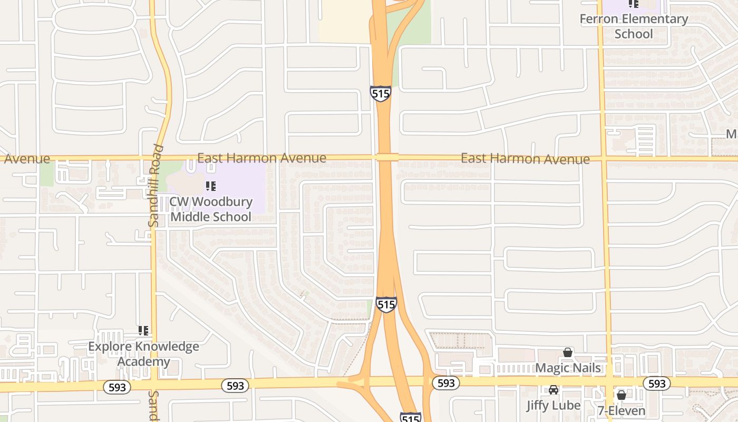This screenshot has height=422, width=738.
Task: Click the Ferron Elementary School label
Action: [x=634, y=26]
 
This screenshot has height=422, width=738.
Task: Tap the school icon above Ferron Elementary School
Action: [x=634, y=4]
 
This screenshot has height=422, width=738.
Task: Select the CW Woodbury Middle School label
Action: [x=211, y=209]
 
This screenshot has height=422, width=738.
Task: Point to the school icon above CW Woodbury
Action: [x=211, y=186]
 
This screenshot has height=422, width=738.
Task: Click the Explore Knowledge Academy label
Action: [x=143, y=354]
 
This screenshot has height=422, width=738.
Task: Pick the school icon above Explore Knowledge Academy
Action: [x=143, y=331]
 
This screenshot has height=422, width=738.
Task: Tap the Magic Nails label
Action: [x=568, y=368]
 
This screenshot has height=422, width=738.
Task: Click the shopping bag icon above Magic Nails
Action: [x=568, y=352]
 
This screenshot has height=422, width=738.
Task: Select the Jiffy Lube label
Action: [x=553, y=405]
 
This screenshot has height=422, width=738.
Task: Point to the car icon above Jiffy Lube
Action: [x=553, y=390]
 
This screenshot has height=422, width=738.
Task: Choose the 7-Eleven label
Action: [x=622, y=410]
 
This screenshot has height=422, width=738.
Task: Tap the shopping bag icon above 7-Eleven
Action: [x=622, y=395]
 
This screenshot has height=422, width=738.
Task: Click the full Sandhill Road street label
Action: [x=154, y=186]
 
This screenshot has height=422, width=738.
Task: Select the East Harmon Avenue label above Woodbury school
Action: [x=261, y=158]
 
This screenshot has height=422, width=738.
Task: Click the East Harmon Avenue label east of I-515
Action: [x=525, y=159]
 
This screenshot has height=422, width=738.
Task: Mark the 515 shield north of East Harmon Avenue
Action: [x=380, y=93]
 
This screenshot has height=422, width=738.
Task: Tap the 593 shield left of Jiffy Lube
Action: [x=446, y=383]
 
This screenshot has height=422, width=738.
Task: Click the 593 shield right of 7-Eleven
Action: [x=657, y=383]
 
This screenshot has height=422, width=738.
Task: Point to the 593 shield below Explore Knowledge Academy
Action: [x=117, y=387]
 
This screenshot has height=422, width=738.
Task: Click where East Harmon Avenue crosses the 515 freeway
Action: [x=386, y=158]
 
